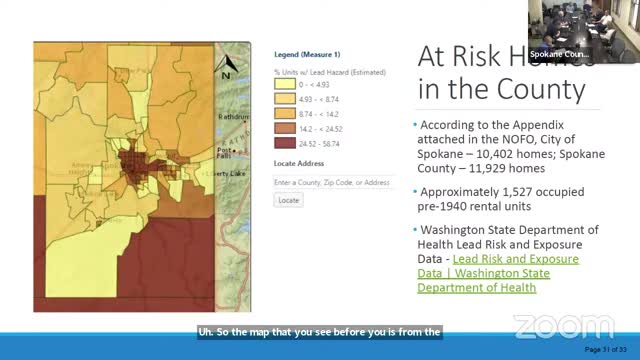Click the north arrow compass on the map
(x=227, y=67)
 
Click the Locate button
(x=288, y=200)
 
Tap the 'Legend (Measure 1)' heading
(x=307, y=54)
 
